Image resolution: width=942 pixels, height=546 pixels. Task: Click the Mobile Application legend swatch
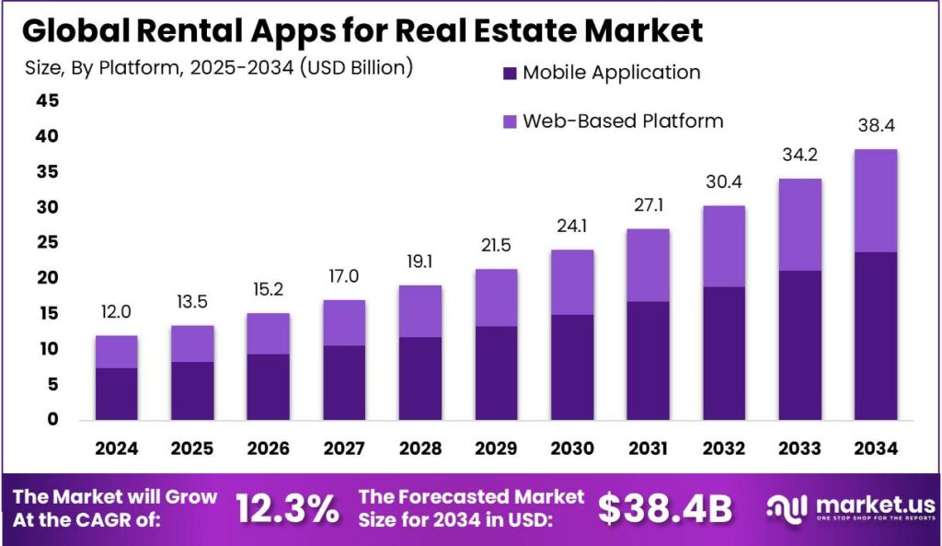tap(510, 73)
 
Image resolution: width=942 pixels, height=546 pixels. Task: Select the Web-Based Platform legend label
tap(623, 121)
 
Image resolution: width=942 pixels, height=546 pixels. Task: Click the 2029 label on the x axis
tap(497, 448)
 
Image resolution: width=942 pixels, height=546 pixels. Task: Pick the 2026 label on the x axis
tap(269, 448)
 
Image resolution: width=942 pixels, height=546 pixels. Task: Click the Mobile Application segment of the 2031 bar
tap(648, 360)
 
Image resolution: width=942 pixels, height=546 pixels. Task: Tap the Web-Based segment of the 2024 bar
tap(117, 352)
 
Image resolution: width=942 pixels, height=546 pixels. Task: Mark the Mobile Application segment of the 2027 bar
tap(344, 382)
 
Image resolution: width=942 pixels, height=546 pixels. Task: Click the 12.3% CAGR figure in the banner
tap(287, 508)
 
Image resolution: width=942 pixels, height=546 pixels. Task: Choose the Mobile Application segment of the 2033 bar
tap(799, 344)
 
